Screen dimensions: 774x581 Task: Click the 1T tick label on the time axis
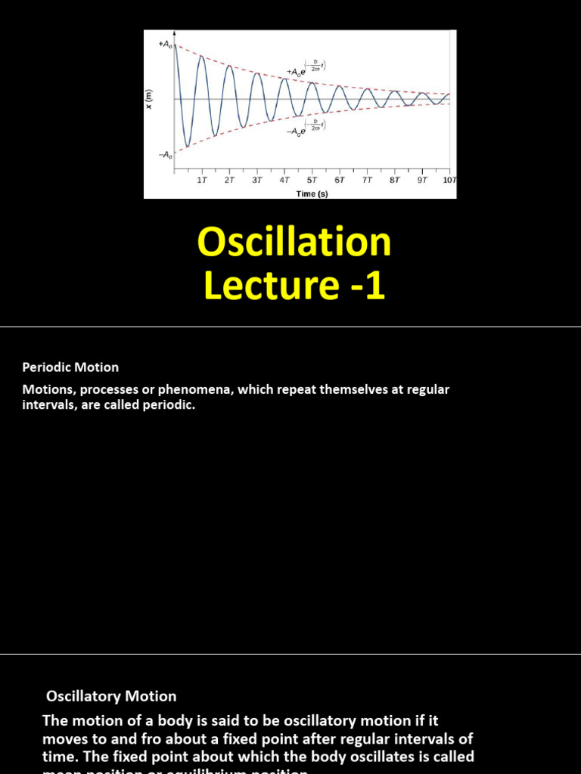click(202, 181)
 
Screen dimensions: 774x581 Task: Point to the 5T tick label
click(312, 181)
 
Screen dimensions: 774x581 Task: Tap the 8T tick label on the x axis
click(394, 181)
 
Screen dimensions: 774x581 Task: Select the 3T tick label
click(257, 181)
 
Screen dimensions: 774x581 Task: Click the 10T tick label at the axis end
click(449, 181)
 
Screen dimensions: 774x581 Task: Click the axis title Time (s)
click(312, 193)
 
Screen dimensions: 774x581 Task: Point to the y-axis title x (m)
click(149, 99)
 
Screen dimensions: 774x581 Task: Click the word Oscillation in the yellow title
click(294, 243)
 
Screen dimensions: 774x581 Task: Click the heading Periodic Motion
click(70, 367)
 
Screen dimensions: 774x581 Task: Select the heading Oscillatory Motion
click(111, 696)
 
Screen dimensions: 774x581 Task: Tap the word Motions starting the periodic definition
click(46, 390)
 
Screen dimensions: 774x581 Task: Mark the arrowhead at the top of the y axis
click(176, 33)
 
